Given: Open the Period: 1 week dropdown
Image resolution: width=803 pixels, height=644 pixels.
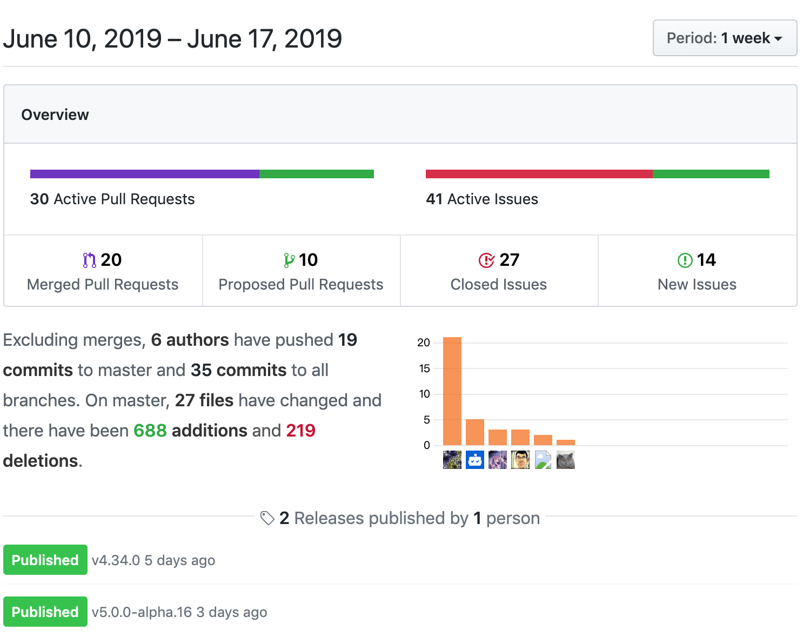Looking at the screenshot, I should [725, 38].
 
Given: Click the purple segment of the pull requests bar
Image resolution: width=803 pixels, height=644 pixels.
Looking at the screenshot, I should [144, 174].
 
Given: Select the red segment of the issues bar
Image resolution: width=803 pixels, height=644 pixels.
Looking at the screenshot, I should [539, 174].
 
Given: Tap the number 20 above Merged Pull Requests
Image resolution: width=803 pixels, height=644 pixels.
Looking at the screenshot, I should [111, 260].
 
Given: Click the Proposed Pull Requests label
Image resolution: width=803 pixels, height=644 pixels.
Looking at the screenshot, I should [301, 285].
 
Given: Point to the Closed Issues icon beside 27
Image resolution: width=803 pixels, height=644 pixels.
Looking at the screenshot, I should [486, 260].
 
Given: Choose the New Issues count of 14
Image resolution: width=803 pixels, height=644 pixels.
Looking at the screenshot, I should [706, 260].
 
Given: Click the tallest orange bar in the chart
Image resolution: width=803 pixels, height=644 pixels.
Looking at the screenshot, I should [452, 391].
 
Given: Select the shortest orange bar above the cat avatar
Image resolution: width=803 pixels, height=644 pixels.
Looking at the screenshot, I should [566, 442].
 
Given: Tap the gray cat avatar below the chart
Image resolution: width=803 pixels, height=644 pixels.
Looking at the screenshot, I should [566, 460].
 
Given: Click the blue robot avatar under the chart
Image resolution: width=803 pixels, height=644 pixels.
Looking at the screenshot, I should [475, 460].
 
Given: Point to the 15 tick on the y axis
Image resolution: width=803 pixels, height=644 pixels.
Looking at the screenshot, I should [425, 368].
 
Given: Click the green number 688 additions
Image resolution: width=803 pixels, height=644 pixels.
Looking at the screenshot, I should [150, 431].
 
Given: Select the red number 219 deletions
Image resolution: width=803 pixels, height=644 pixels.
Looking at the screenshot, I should [300, 431].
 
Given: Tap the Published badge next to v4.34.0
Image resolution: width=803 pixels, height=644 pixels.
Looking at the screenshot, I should [45, 560].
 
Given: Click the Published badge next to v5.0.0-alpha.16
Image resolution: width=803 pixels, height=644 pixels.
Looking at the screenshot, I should [45, 612].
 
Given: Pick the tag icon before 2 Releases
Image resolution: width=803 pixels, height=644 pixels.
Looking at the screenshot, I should [267, 518].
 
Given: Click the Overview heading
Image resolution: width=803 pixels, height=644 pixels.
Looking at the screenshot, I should [55, 115].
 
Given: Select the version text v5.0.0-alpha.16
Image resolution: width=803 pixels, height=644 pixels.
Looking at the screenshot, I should [142, 612].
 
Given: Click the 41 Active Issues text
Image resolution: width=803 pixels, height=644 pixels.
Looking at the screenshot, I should [482, 199].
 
